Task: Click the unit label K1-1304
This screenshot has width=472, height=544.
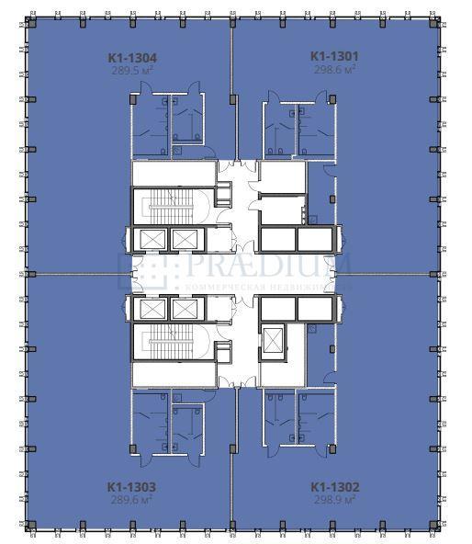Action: (130, 56)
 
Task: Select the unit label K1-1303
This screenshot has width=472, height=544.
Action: (130, 487)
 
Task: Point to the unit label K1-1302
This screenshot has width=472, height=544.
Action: (334, 487)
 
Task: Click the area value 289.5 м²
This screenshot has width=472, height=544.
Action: (130, 69)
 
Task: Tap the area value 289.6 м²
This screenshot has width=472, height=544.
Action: (130, 500)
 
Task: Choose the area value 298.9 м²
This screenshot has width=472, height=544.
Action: (334, 500)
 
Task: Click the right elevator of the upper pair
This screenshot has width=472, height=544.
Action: (185, 240)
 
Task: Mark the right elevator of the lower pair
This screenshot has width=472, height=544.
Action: (185, 308)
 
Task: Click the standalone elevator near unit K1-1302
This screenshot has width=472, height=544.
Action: (275, 340)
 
